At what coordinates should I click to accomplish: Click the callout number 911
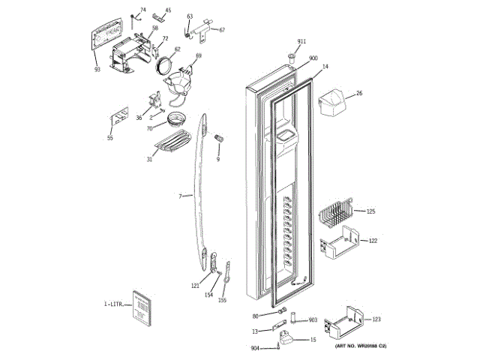point(301,40)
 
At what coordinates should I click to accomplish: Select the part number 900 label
point(313,58)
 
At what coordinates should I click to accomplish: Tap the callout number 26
point(358,93)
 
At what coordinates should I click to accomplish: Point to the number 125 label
point(370,212)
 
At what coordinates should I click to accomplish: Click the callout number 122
point(372,241)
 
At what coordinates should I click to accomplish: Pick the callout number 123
point(376,319)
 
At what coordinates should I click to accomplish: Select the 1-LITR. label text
point(113,304)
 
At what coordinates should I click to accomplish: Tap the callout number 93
point(97,70)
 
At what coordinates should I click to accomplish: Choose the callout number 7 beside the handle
point(180,196)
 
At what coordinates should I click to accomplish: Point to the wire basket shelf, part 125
point(334,215)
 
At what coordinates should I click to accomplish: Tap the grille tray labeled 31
point(174,142)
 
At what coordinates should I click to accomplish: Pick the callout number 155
point(223,301)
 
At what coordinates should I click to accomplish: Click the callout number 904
point(255,348)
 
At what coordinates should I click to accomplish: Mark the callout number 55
point(109,138)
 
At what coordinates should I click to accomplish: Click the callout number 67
point(222,30)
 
